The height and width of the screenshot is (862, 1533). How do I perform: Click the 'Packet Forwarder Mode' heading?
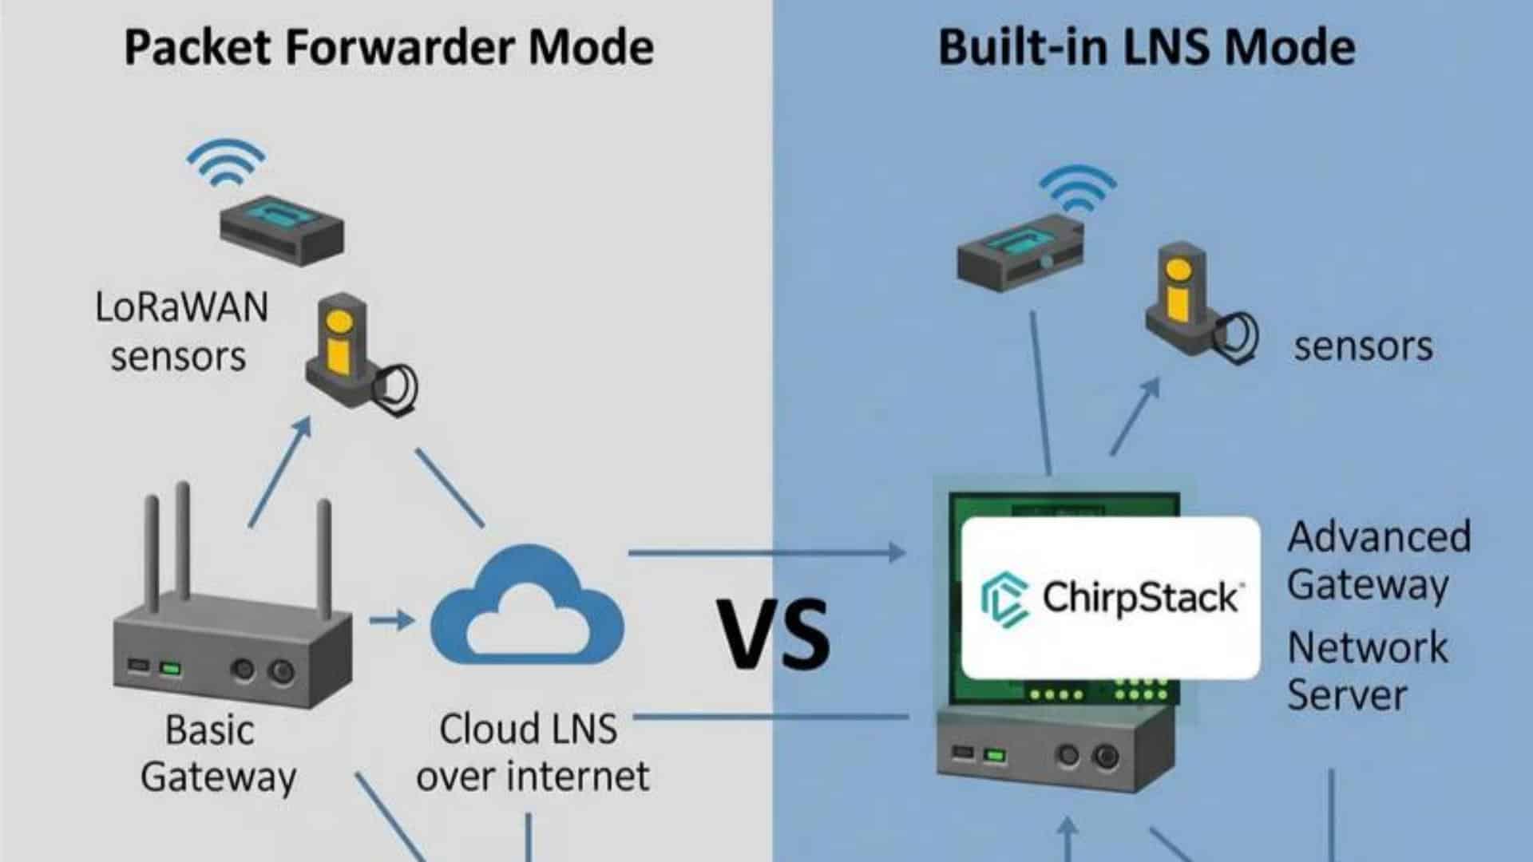(x=389, y=47)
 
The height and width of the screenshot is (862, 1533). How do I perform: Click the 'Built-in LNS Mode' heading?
(x=1146, y=47)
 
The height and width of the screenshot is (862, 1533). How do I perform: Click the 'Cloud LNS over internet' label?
(x=532, y=752)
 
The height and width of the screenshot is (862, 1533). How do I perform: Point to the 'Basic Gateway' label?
(x=216, y=753)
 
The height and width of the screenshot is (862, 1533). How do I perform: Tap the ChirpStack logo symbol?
(x=1004, y=599)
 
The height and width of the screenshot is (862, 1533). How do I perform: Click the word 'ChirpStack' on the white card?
(x=1140, y=597)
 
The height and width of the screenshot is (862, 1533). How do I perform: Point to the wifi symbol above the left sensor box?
(x=226, y=164)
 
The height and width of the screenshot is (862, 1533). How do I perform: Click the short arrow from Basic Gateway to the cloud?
(x=391, y=619)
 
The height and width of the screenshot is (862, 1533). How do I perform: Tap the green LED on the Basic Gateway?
(x=170, y=668)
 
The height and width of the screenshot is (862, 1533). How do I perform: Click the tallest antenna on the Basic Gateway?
(x=183, y=543)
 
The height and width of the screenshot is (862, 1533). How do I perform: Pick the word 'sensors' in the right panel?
(x=1363, y=346)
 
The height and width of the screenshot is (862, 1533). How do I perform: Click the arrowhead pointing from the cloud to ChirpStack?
(x=896, y=552)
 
